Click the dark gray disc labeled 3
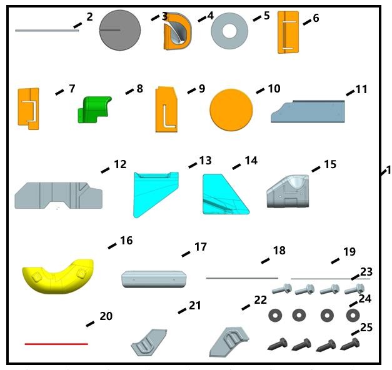tap(120, 30)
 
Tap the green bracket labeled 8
tap(93, 109)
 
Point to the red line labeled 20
tap(56, 344)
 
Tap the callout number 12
tap(120, 164)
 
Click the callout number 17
tap(200, 247)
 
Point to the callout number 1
tap(388, 169)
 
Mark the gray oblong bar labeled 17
tap(154, 279)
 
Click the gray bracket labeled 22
tap(228, 342)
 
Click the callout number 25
tap(365, 326)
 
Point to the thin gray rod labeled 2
tap(47, 30)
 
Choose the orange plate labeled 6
tap(288, 31)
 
